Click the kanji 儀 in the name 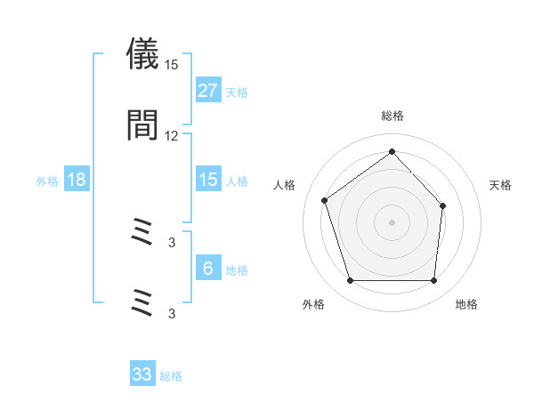142,55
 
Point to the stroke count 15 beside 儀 172,65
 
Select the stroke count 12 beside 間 172,136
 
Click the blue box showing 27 207,91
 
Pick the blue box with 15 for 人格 207,180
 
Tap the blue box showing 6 207,269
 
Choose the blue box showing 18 77,180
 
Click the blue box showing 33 142,374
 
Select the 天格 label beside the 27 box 237,92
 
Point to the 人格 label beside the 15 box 237,181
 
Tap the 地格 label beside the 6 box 237,270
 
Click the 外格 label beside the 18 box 47,181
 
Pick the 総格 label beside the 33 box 172,376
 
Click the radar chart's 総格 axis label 392,116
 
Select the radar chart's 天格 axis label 500,185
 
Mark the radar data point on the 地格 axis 433,281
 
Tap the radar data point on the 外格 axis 350,281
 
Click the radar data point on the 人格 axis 325,200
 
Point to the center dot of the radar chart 392,221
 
